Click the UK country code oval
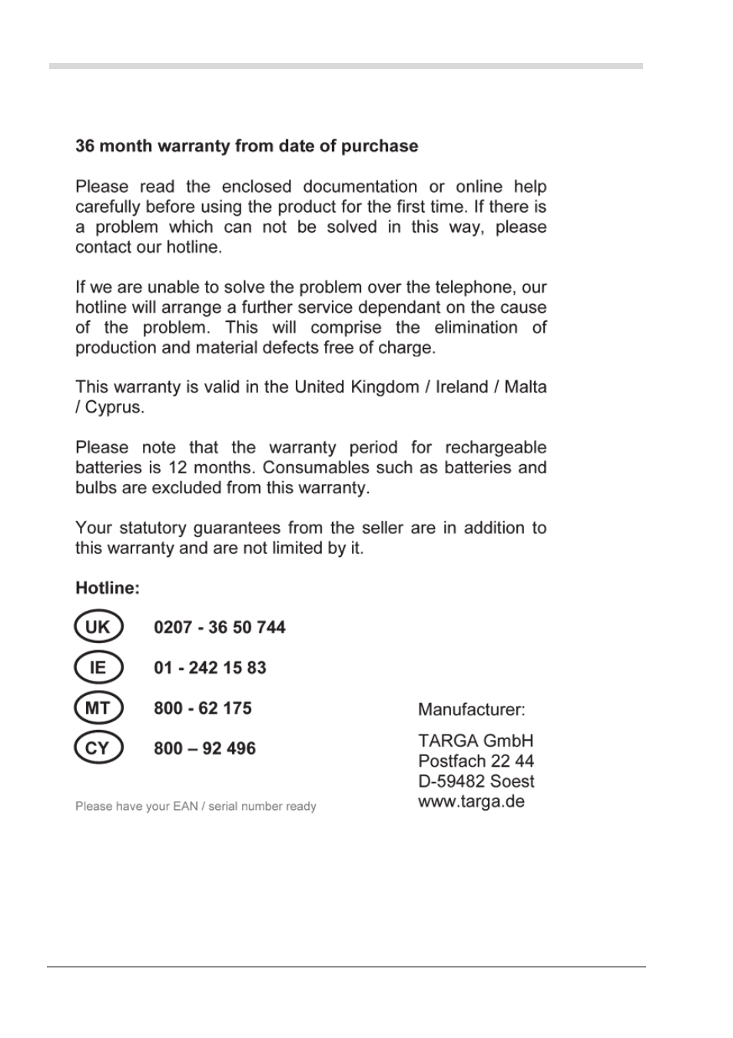pos(98,627)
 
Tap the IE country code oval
pos(98,667)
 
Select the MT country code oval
pos(98,708)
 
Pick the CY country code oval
pos(98,748)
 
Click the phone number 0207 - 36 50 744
pos(219,628)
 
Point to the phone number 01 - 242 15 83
pos(210,668)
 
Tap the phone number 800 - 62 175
pos(202,708)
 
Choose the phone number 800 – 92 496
pos(204,748)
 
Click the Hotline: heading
pos(108,589)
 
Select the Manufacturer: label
pos(471,710)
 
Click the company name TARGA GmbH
pos(475,741)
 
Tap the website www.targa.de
pos(471,801)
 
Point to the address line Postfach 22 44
pos(476,761)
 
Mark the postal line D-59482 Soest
pos(476,781)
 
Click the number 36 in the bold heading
pos(85,147)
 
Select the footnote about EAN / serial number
pos(195,807)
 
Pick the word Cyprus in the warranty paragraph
pos(114,407)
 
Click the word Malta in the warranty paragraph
pos(526,387)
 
